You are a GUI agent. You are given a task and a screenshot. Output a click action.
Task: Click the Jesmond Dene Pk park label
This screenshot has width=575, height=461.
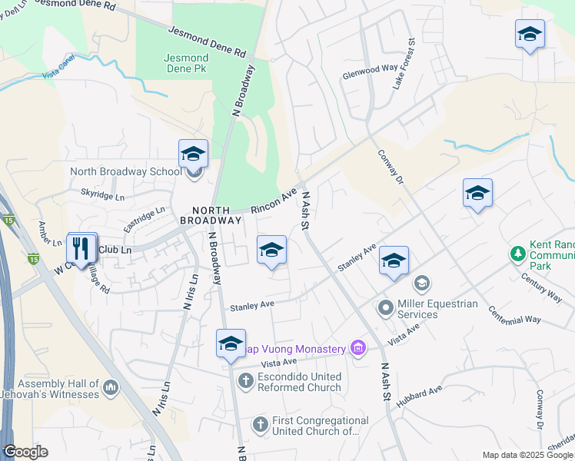pos(186,63)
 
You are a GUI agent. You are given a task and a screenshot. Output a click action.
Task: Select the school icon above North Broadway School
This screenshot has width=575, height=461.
pos(194,154)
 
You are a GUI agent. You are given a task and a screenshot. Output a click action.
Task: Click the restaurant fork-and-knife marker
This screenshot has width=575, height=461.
pos(81,247)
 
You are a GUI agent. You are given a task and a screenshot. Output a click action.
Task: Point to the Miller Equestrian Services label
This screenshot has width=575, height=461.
pos(438,309)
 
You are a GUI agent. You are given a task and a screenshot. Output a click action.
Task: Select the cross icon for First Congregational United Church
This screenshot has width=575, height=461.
pos(261,423)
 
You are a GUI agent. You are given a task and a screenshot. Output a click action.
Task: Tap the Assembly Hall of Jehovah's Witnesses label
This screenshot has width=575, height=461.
pos(59,389)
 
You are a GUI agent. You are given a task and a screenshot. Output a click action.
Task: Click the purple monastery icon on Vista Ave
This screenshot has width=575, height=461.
pos(357,350)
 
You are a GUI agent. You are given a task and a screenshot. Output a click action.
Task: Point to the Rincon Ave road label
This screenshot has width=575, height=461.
pos(274,202)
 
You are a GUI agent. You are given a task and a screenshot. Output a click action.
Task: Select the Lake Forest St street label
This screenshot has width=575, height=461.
pos(404,64)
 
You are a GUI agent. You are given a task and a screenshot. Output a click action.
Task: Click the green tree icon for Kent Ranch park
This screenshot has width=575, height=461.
pos(518,254)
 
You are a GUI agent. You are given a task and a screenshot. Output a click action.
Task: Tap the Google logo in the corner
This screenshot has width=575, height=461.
pos(26,452)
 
